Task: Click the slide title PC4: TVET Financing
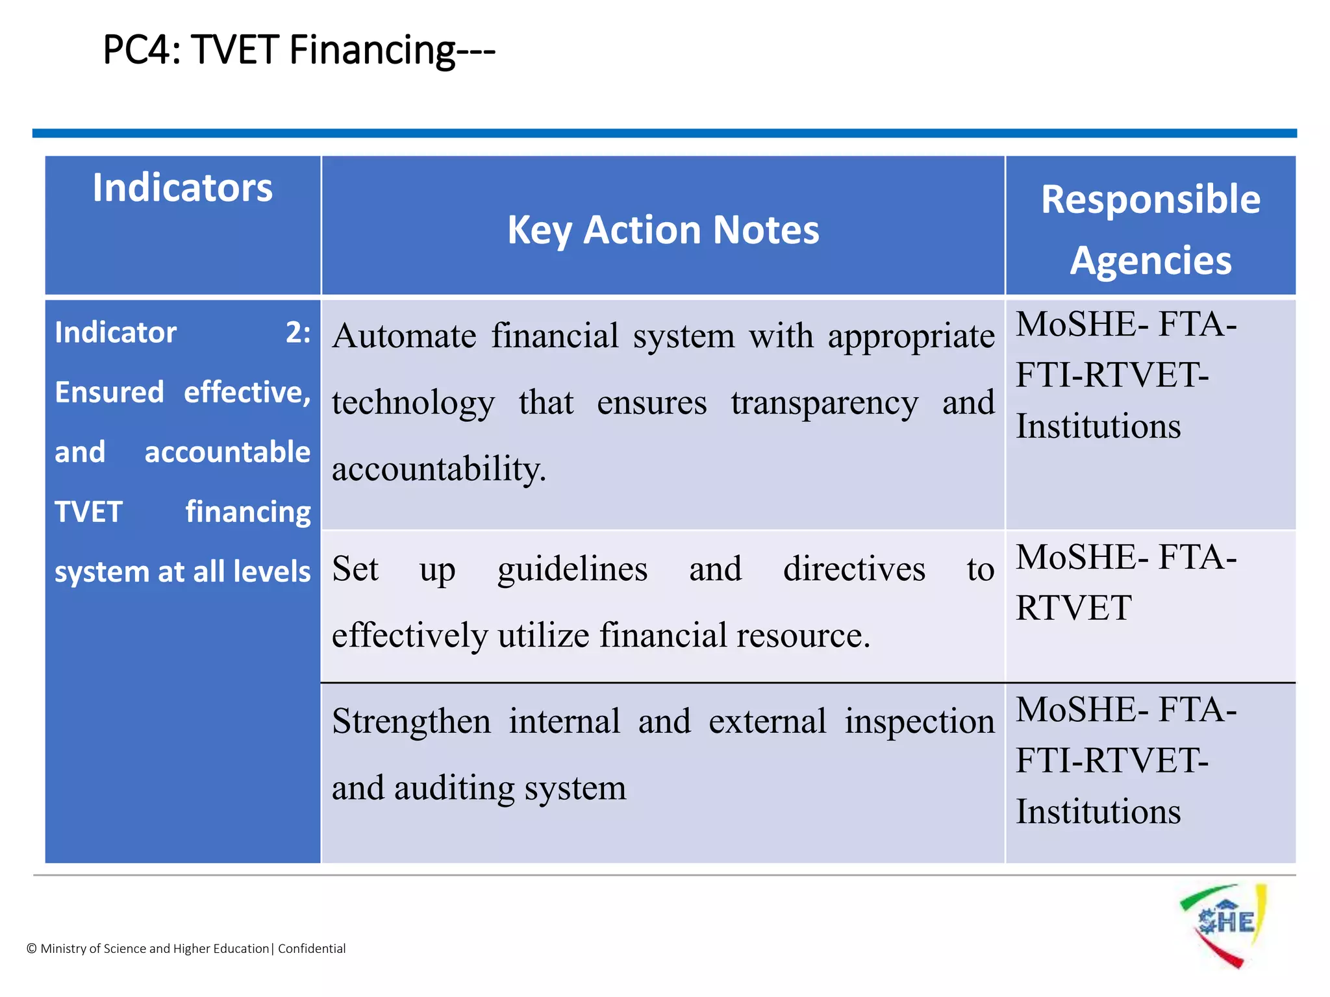[x=299, y=50]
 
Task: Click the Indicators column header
[x=182, y=188]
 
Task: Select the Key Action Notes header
[x=663, y=230]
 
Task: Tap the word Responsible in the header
[x=1151, y=199]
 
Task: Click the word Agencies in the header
[x=1151, y=261]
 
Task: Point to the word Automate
[x=404, y=337]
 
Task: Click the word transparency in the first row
[x=824, y=403]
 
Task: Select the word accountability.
[x=439, y=469]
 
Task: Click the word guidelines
[x=572, y=570]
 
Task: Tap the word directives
[x=854, y=570]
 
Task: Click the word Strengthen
[x=411, y=722]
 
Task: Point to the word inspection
[x=919, y=722]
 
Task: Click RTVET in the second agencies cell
[x=1073, y=608]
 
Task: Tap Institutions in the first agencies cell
[x=1098, y=426]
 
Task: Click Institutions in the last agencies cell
[x=1098, y=812]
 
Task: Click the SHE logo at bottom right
[x=1223, y=924]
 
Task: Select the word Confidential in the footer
[x=312, y=948]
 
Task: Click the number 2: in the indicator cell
[x=298, y=333]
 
